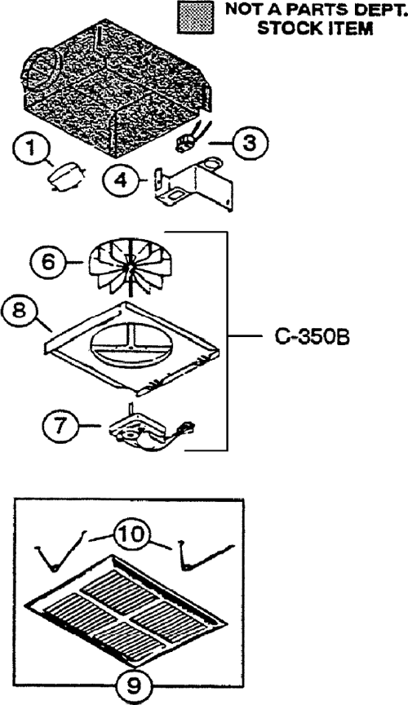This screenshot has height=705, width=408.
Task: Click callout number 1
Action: [x=30, y=149]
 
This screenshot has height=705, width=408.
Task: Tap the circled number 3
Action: [x=251, y=143]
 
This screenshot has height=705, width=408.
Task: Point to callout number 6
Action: [x=48, y=261]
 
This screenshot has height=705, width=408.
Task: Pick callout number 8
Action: [x=19, y=311]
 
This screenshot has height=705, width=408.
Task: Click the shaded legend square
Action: [x=195, y=16]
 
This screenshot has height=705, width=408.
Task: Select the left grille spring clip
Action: [x=60, y=553]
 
